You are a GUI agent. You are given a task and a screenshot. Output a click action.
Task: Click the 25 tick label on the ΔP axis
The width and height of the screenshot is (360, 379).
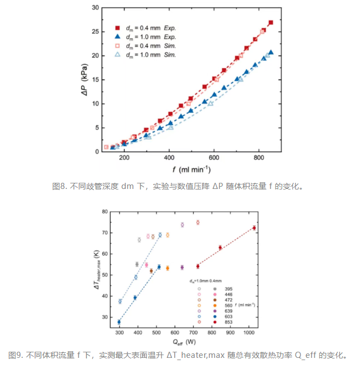(x=95, y=32)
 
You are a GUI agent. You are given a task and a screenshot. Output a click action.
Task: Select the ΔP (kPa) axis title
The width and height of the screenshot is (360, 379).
(x=84, y=80)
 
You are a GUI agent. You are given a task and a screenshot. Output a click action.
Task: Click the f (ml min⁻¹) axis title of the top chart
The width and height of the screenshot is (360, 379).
(x=191, y=169)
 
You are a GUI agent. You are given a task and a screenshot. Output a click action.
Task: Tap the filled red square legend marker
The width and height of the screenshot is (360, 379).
(x=117, y=28)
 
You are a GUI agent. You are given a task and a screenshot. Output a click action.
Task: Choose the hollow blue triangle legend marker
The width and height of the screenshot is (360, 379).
(x=117, y=54)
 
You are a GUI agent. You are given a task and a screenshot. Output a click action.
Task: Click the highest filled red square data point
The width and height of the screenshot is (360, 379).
(x=271, y=22)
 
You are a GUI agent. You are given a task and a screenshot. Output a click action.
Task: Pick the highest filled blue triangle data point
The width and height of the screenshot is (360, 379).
(x=271, y=52)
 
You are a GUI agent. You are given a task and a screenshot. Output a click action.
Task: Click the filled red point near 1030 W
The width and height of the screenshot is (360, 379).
(x=254, y=228)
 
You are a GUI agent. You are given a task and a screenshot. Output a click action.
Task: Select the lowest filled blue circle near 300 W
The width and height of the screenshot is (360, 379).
(x=119, y=322)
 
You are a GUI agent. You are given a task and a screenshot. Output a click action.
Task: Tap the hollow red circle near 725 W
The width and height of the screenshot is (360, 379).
(x=198, y=222)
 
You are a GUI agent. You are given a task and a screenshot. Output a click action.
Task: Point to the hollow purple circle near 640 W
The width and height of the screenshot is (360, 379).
(x=183, y=225)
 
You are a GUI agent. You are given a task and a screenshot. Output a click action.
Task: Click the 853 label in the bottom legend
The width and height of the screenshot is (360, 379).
(x=228, y=322)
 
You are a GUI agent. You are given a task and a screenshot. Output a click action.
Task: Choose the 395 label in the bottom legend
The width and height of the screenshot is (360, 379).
(x=228, y=289)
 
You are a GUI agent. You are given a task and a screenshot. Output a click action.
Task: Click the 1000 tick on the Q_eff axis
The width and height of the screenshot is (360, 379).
(x=249, y=332)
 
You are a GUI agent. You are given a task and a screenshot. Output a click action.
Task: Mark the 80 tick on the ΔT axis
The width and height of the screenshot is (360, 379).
(x=105, y=212)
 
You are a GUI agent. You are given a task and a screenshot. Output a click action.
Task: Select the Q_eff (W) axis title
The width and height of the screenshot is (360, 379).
(x=184, y=342)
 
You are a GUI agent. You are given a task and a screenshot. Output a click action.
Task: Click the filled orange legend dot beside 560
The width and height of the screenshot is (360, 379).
(x=215, y=306)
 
